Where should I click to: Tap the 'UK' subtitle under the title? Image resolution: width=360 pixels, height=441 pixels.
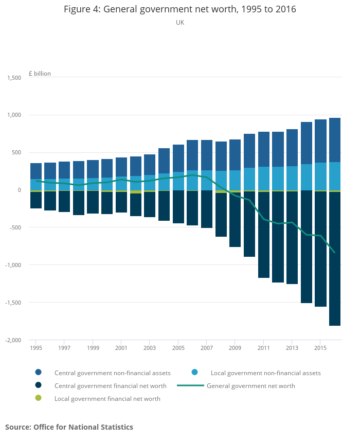(x=180, y=23)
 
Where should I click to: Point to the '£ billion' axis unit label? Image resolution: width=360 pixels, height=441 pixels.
(x=40, y=74)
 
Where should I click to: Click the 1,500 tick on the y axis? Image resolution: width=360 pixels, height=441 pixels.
(x=14, y=78)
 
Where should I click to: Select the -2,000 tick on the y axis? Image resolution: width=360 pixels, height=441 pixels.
(x=13, y=340)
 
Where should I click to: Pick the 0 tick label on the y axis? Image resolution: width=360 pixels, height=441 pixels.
(x=19, y=190)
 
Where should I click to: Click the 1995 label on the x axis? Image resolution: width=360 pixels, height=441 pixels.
(x=36, y=348)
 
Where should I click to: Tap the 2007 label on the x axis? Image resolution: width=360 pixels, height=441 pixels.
(x=206, y=348)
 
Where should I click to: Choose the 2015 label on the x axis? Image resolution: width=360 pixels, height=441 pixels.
(x=320, y=348)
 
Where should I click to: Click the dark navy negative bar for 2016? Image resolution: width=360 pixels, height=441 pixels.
(x=335, y=257)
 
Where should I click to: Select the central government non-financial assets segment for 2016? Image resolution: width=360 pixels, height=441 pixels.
(x=335, y=140)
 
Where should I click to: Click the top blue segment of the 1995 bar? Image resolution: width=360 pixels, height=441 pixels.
(x=36, y=171)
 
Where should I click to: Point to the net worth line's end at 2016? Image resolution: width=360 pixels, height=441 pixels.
(x=335, y=252)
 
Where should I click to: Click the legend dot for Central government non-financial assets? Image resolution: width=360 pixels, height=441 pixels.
(x=38, y=373)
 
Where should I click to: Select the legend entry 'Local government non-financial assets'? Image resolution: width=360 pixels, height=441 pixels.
(x=265, y=373)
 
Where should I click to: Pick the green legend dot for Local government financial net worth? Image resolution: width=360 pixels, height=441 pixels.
(x=38, y=398)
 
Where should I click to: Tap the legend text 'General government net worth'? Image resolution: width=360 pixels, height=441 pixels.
(x=250, y=385)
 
